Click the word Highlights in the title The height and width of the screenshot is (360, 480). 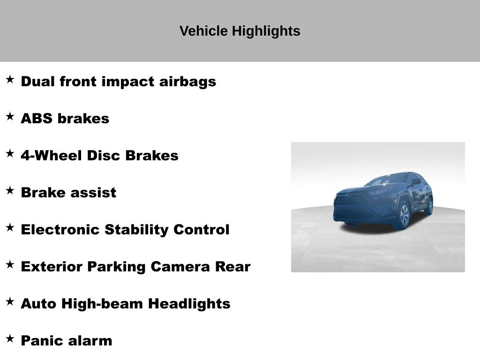[266, 31]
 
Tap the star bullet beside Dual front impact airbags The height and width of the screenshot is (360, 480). [10, 79]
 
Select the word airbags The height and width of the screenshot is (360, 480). [187, 82]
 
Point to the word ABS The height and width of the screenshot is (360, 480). [37, 119]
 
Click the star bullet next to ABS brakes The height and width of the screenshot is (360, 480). [10, 116]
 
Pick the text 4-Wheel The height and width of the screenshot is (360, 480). [52, 156]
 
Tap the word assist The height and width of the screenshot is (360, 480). [93, 193]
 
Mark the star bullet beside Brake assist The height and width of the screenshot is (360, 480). [10, 190]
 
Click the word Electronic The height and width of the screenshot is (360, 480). [60, 230]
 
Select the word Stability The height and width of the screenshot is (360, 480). [136, 230]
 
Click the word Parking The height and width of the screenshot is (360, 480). [116, 267]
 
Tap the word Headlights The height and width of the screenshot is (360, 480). [189, 304]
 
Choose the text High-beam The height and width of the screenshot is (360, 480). [102, 304]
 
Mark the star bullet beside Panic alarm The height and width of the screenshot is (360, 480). [10, 338]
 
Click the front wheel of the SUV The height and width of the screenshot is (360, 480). [404, 215]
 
